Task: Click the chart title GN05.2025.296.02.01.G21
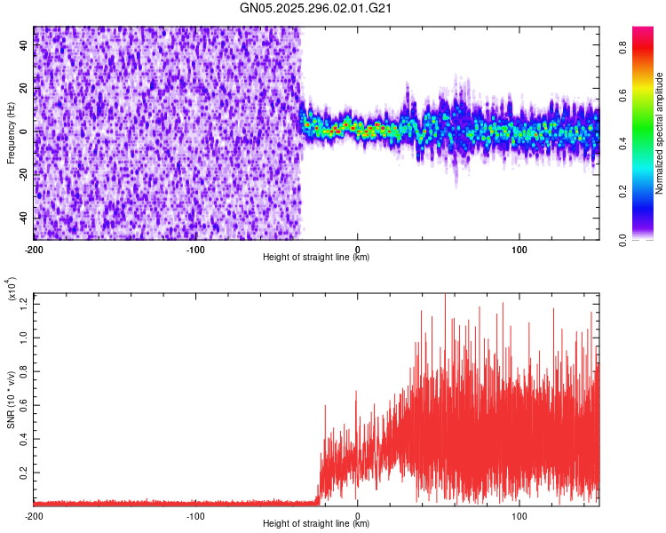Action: point(316,9)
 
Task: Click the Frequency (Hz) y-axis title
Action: point(12,133)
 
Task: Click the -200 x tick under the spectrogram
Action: point(34,249)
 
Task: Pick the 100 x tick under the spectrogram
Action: point(519,249)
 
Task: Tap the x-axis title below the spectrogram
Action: point(316,258)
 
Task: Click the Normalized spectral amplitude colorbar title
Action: point(660,133)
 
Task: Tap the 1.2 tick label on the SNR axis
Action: point(24,303)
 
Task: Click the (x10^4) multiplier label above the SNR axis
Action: point(12,290)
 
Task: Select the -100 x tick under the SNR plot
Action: point(196,515)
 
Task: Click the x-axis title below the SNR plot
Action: point(316,524)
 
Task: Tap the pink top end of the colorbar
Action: point(643,31)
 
